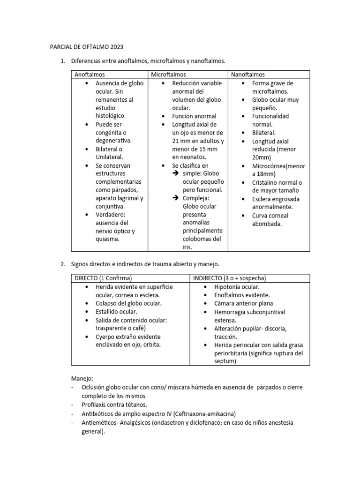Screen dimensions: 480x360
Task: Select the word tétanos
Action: point(134,404)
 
